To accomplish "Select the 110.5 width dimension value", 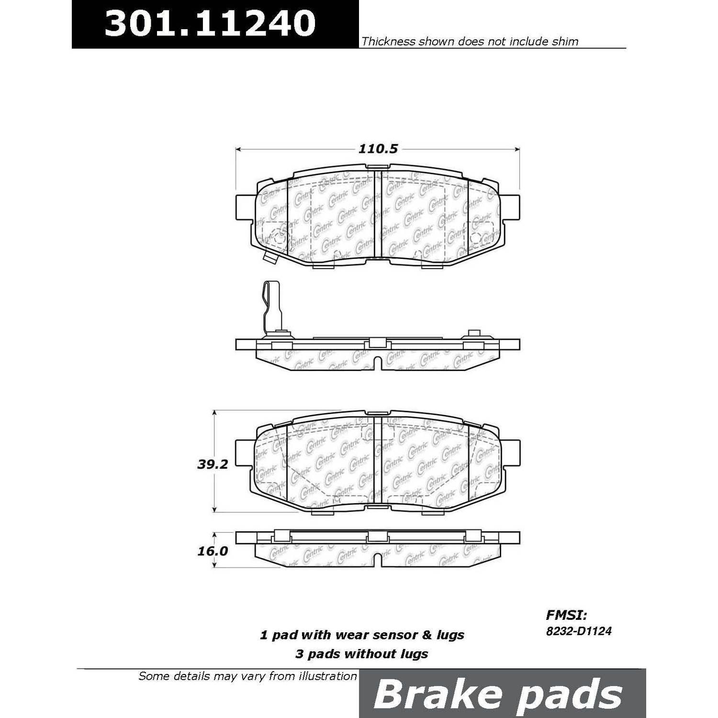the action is (378, 149).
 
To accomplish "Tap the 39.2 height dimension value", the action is (213, 464).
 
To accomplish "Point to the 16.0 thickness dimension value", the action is (213, 551).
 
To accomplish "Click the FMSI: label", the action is (566, 615).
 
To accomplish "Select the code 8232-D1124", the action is (579, 631).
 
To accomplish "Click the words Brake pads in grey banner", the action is (497, 694).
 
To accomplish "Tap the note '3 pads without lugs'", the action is (362, 654).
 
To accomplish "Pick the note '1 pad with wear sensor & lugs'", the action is (362, 635).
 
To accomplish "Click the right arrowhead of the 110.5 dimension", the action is (517, 149).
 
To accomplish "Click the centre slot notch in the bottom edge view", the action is (378, 561).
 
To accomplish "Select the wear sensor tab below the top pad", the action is (270, 258).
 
